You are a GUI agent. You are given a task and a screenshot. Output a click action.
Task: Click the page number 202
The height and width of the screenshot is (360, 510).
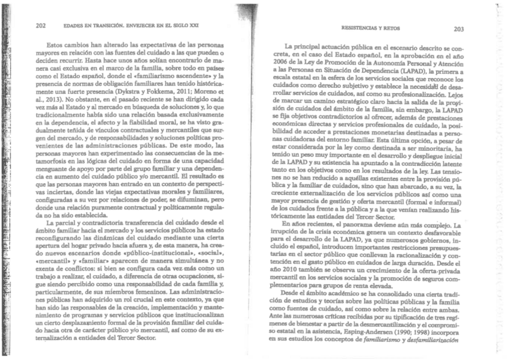41,26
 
